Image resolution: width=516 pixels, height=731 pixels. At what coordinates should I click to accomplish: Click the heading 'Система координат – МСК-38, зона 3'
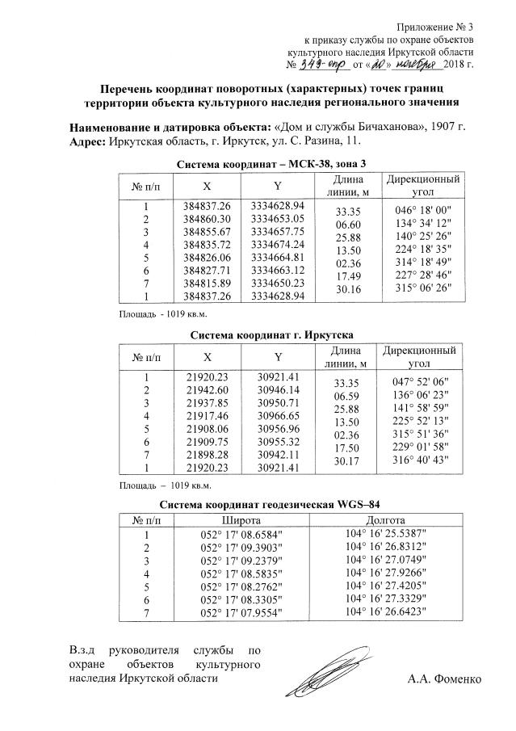click(265, 164)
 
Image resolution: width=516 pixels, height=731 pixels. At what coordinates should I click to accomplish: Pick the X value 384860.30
click(208, 219)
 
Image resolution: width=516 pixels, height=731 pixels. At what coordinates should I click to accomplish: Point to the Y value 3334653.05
click(277, 219)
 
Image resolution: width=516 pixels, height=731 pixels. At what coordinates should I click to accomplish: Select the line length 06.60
click(346, 224)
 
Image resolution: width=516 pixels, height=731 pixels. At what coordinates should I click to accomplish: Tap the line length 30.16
click(346, 289)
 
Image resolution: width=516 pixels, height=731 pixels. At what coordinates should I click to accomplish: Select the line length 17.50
click(346, 447)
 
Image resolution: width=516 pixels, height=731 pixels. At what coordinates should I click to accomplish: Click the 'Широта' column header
click(240, 520)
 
